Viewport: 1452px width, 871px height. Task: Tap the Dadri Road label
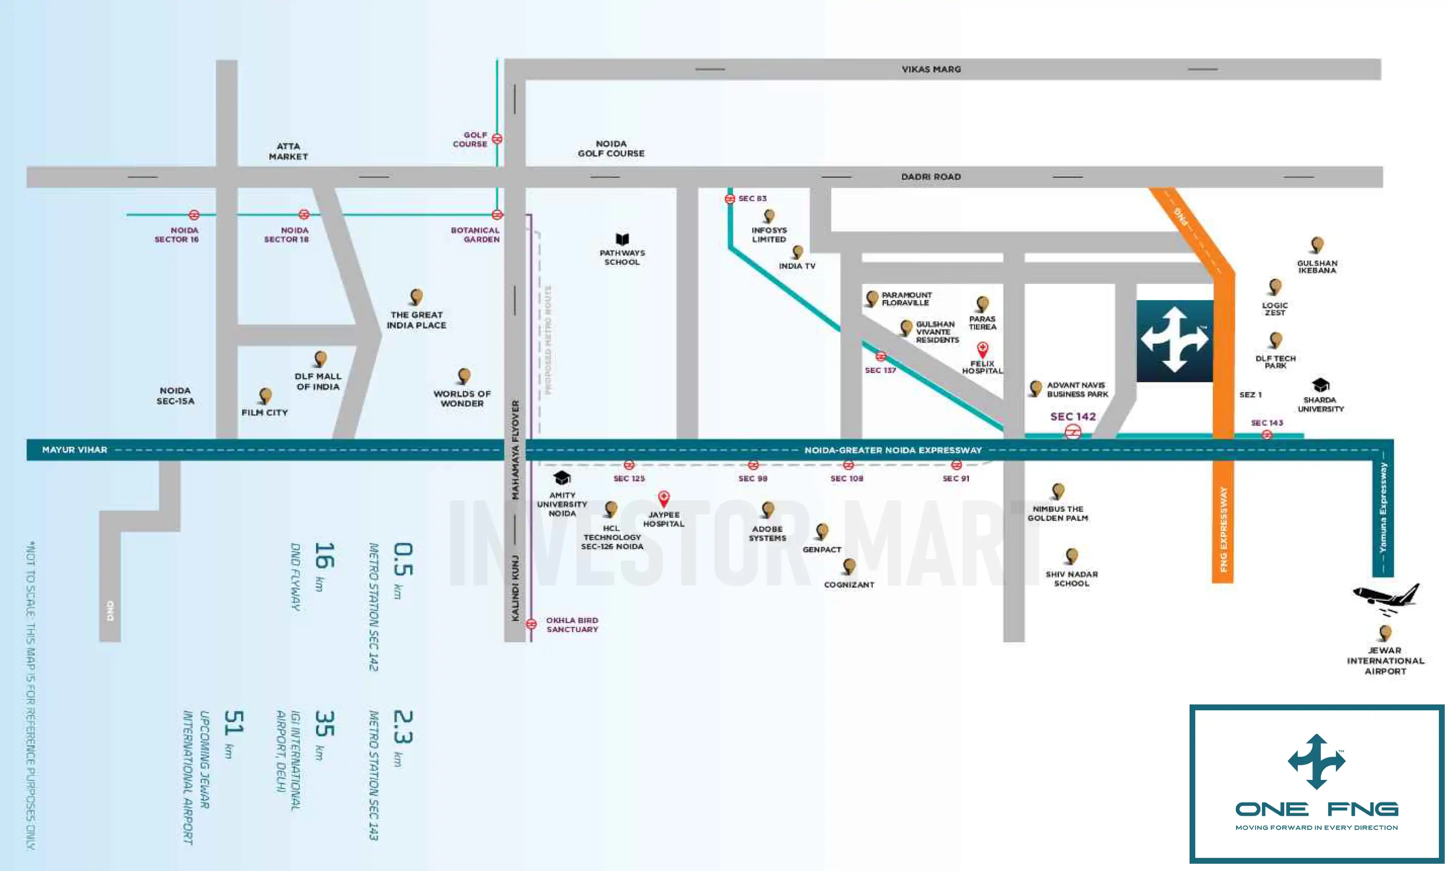click(x=931, y=177)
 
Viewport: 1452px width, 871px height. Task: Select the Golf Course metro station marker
click(x=497, y=139)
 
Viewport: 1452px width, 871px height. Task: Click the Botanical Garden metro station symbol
click(x=497, y=215)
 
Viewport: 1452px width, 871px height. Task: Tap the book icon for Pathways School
click(x=622, y=240)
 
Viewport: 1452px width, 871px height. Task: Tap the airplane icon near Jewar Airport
click(x=1386, y=599)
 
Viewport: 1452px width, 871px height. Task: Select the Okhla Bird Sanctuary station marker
click(x=531, y=624)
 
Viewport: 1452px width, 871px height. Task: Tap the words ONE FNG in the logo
click(x=1317, y=809)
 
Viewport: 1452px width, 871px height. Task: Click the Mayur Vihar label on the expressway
click(x=74, y=450)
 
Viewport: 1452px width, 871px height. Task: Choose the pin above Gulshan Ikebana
click(x=1317, y=245)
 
